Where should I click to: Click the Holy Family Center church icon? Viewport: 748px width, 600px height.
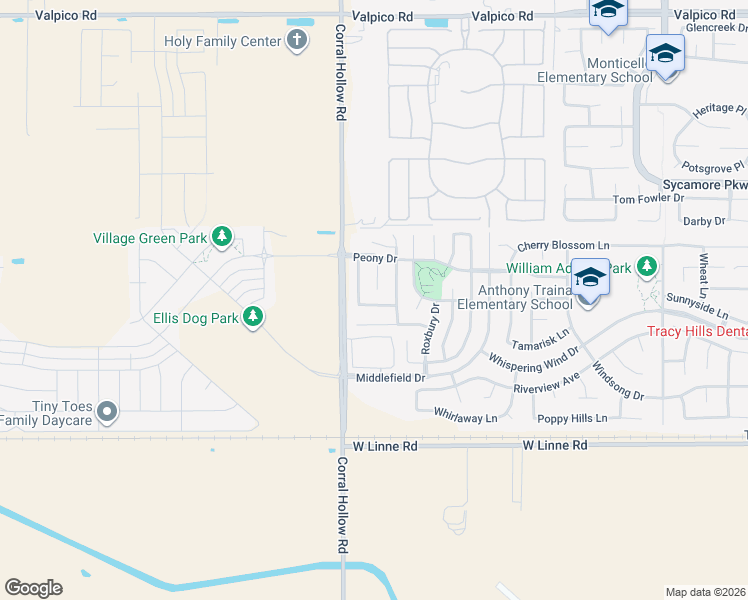297,41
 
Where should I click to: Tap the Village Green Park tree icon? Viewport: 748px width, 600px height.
222,238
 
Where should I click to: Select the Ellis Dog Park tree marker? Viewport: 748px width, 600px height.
254,318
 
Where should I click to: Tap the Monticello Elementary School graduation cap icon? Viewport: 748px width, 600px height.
665,53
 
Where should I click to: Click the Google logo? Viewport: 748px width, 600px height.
33,588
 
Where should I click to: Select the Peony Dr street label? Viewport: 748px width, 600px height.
376,258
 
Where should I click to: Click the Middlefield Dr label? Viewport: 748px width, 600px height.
391,378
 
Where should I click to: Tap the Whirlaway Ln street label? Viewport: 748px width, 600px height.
465,414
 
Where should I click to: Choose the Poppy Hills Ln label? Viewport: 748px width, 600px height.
572,419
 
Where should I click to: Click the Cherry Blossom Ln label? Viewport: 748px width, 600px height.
563,246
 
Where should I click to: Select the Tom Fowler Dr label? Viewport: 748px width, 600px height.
647,200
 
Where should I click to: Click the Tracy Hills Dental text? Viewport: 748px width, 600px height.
697,332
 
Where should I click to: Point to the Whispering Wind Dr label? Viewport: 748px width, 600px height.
534,359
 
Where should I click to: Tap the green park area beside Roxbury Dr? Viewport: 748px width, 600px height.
432,278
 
